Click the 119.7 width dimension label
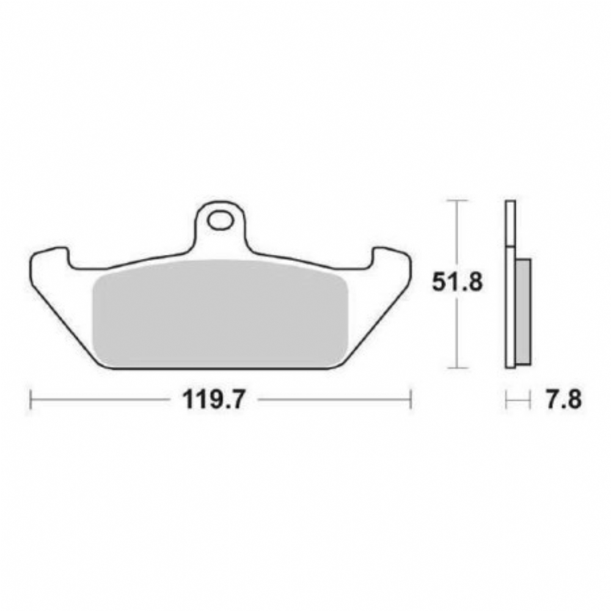tap(213, 400)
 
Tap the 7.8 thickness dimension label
tap(563, 400)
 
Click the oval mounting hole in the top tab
tap(221, 221)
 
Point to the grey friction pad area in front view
tap(221, 313)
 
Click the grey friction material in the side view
tap(523, 312)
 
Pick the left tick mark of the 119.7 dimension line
tap(31, 399)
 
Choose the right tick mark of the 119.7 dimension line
tap(411, 399)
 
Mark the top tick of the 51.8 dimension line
tap(457, 200)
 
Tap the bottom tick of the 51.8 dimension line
tap(457, 367)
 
